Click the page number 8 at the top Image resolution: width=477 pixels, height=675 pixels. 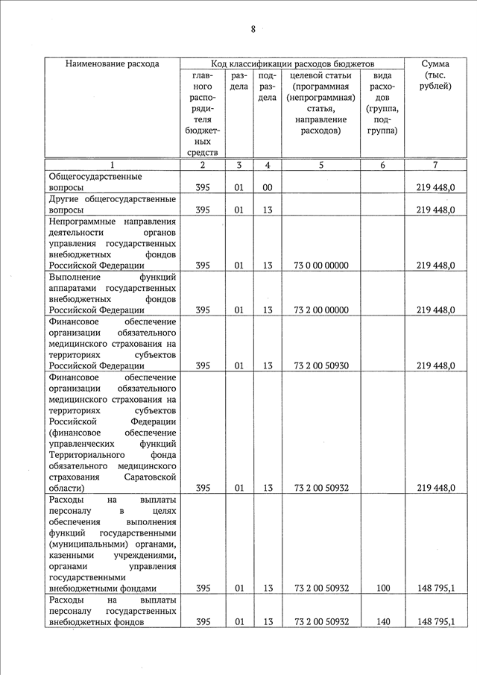(x=253, y=29)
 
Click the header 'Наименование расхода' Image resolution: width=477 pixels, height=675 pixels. (x=112, y=63)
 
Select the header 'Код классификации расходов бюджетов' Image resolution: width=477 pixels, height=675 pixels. (x=293, y=63)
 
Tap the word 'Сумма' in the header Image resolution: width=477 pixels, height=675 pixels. (x=435, y=63)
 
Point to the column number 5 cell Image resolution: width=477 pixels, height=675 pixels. (x=320, y=165)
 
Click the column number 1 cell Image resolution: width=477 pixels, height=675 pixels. (x=112, y=165)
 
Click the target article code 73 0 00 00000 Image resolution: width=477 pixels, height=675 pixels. (x=321, y=265)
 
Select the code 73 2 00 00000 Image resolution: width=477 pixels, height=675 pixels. (x=321, y=310)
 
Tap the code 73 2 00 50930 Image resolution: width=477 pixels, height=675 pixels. (x=321, y=365)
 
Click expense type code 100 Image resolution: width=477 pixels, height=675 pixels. (x=382, y=588)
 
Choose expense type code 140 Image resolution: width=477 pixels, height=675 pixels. (x=382, y=622)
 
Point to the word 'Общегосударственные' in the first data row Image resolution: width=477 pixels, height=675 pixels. (x=95, y=177)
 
